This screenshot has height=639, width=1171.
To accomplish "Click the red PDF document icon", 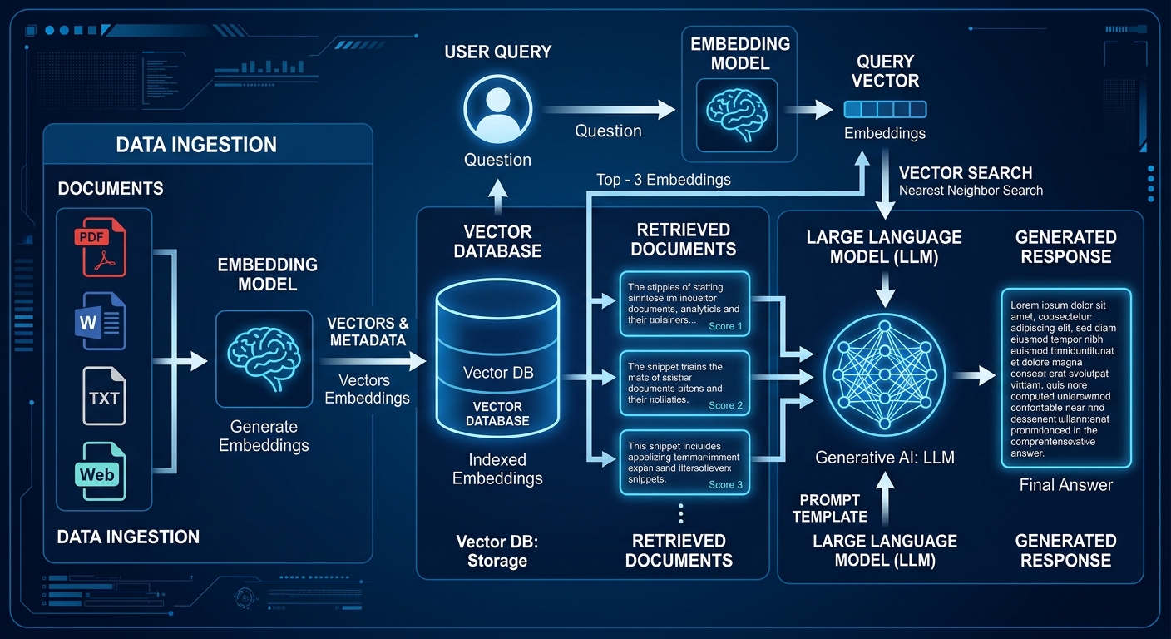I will (104, 245).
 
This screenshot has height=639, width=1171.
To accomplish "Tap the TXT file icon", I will (104, 396).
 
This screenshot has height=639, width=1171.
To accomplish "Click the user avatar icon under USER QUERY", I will (497, 109).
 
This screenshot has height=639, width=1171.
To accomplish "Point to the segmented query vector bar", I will (885, 109).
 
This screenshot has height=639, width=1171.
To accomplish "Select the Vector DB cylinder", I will (498, 358).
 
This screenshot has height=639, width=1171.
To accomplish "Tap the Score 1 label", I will (726, 326).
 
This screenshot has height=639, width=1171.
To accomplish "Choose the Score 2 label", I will (726, 405).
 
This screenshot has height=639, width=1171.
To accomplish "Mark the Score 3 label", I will (726, 484).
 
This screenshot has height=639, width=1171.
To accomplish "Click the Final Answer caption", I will (1065, 485).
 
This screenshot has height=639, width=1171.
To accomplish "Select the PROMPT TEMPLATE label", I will (829, 508).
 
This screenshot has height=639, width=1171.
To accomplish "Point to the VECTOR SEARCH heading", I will (966, 173).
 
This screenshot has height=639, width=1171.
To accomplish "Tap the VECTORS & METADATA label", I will (368, 332).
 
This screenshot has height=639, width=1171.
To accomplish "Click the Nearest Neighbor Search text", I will (971, 191).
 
